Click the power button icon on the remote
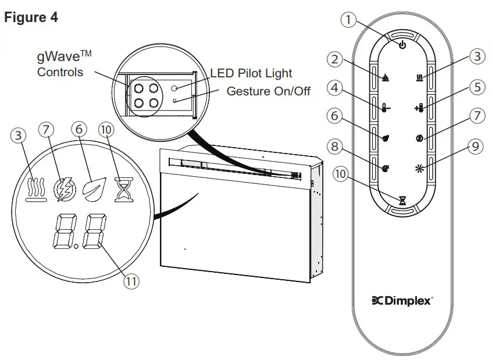coord(402,45)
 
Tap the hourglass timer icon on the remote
coord(402,201)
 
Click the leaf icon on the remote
coord(386,138)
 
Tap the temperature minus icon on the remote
coord(386,108)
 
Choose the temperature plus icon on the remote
coord(419,108)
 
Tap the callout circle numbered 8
coord(334,147)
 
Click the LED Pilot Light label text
coord(251,74)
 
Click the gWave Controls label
coord(60,65)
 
